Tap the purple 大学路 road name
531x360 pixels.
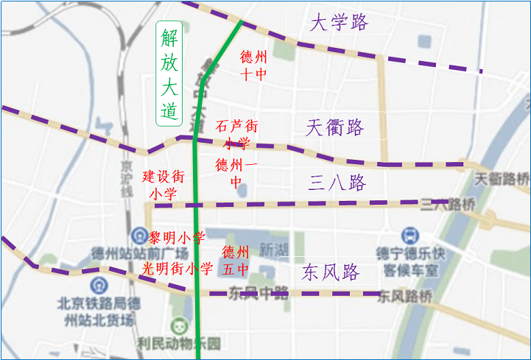tap(339, 23)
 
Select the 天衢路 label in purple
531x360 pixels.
tap(335, 127)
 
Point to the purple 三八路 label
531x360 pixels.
tap(337, 183)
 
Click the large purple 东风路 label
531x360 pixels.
tap(331, 273)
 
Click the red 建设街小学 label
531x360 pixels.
tap(163, 185)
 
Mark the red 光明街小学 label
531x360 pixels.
tap(177, 269)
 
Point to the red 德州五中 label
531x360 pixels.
tap(236, 260)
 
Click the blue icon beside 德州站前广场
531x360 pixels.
tap(138, 236)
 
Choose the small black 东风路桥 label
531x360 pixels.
tap(407, 297)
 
